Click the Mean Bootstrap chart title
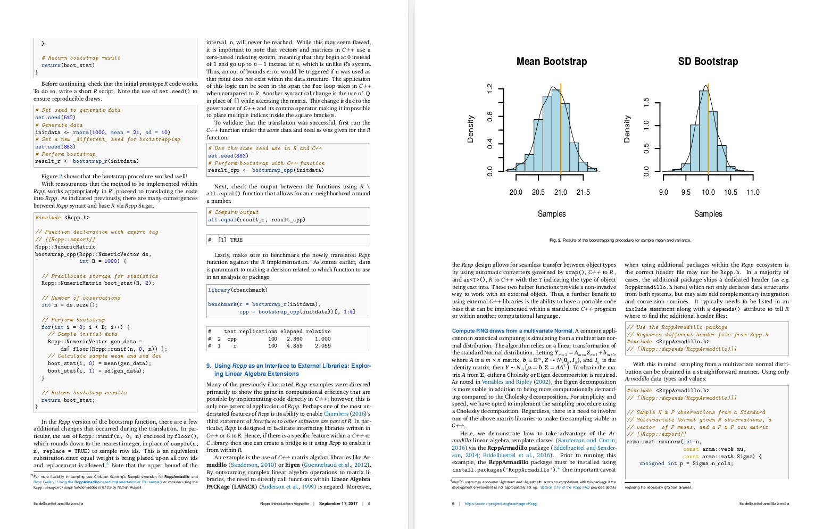coord(551,62)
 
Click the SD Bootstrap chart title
coord(708,62)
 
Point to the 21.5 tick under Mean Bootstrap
coord(583,192)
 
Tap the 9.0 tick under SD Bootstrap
coord(663,192)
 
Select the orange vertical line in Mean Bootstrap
coord(561,133)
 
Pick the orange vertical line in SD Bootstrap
coord(708,133)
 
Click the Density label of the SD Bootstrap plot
coord(627,129)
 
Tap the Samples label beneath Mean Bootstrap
coord(552,214)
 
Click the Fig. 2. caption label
coord(555,241)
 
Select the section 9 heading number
coord(209,366)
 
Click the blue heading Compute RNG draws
coord(512,330)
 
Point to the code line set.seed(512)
coord(55,118)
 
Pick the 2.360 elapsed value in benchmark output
coord(294,338)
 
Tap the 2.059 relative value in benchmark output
coord(322,346)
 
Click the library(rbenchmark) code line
coord(238,290)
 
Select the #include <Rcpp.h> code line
coord(63,217)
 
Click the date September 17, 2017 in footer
coord(338,503)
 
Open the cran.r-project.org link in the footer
coord(501,503)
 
